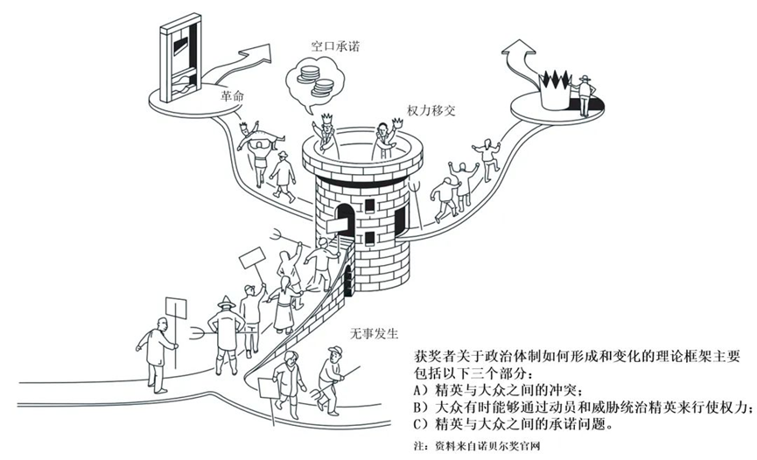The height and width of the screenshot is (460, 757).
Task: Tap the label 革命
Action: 233,97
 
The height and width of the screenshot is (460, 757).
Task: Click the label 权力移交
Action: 430,113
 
